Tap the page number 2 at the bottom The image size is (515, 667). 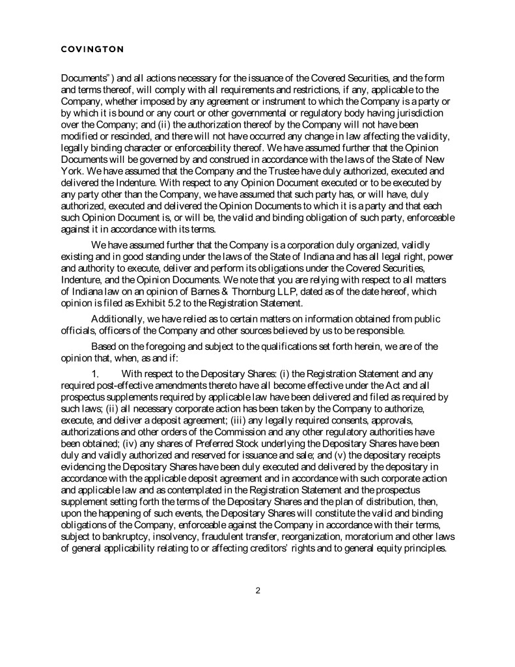pos(258,591)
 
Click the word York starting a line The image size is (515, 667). pos(72,167)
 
